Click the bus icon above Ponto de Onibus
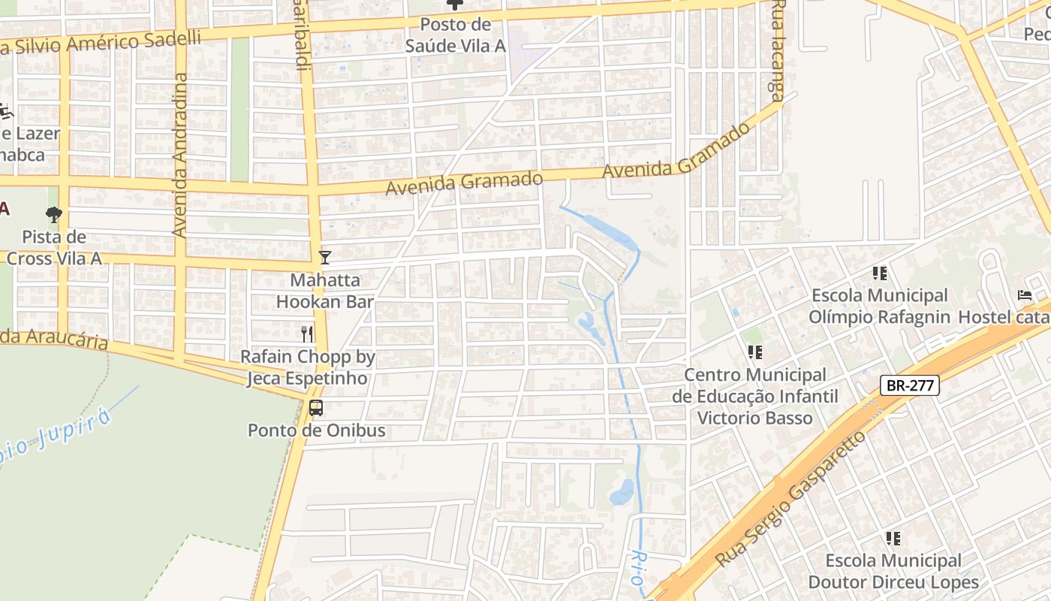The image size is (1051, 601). click(x=316, y=408)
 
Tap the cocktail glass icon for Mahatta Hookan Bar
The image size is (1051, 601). click(x=324, y=258)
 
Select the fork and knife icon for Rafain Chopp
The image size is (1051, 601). click(x=306, y=334)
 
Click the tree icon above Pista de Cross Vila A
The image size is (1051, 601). click(x=53, y=215)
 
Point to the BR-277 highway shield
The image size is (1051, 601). click(x=910, y=386)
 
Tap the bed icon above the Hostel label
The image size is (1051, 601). click(x=1025, y=295)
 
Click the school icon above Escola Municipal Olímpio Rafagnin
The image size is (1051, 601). click(x=880, y=273)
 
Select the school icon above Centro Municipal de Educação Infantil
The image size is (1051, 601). click(x=754, y=352)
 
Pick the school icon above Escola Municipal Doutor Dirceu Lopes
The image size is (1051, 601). click(x=893, y=538)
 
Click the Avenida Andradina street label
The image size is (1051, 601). click(x=179, y=156)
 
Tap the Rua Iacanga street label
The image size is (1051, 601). click(x=778, y=50)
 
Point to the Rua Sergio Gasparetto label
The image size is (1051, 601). click(x=790, y=499)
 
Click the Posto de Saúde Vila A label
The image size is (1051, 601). click(x=456, y=35)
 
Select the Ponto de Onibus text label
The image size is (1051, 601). click(x=316, y=430)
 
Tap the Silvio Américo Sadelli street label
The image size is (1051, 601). click(x=101, y=43)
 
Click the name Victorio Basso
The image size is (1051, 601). click(x=755, y=418)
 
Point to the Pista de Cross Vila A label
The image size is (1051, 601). click(x=54, y=248)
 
